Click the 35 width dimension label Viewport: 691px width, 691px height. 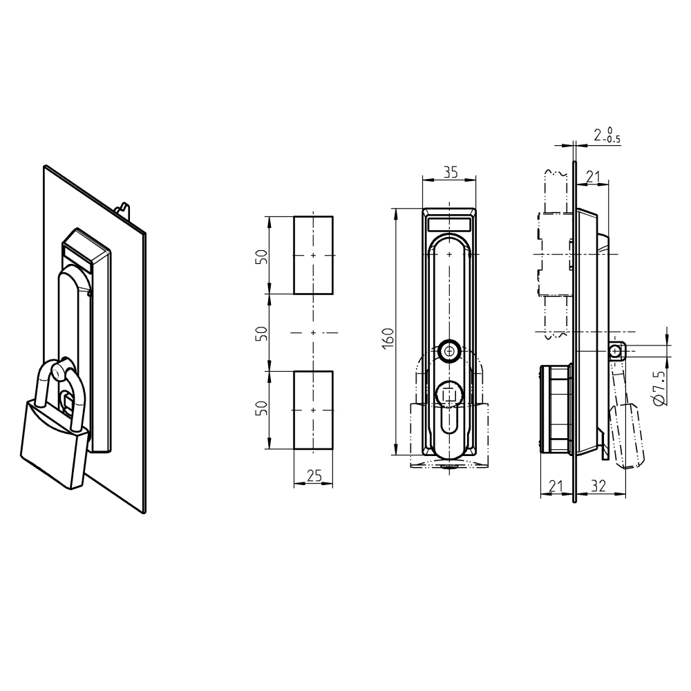pos(450,173)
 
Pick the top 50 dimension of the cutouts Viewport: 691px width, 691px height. pos(261,256)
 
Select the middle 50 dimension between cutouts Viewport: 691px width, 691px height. pos(261,333)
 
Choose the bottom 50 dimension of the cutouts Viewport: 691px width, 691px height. pos(261,410)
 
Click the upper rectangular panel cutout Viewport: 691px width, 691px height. pos(313,255)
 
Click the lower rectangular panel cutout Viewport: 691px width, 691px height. pos(313,410)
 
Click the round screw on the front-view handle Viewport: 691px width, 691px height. pos(450,351)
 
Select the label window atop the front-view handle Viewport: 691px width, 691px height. pos(450,224)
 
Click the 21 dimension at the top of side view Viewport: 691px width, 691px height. pos(592,177)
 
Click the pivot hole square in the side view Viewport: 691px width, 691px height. pos(615,352)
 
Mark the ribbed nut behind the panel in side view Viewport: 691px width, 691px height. pos(556,410)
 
